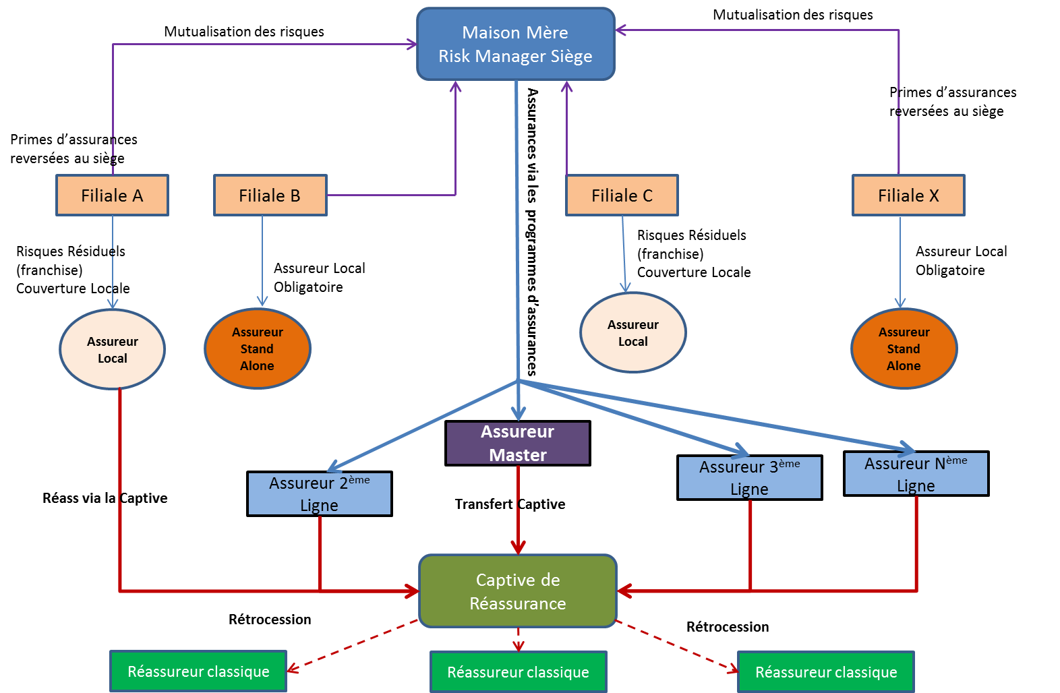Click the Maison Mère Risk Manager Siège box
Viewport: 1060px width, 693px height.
[516, 44]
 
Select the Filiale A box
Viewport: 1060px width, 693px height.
[112, 195]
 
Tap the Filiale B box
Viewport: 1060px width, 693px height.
[270, 195]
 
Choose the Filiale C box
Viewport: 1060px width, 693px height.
[622, 195]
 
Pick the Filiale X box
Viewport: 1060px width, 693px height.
[908, 195]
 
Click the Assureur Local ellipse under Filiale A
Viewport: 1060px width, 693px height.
[113, 349]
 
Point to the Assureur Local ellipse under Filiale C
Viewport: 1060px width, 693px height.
[632, 332]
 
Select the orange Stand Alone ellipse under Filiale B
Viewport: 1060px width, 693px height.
[257, 349]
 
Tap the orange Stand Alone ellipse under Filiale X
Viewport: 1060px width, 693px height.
[904, 349]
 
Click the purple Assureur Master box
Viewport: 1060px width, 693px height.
[518, 443]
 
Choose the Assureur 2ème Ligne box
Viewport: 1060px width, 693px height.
[319, 493]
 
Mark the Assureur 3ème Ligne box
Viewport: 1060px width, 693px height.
[749, 477]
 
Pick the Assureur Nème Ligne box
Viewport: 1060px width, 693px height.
[916, 473]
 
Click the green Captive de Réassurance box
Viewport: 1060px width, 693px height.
[518, 591]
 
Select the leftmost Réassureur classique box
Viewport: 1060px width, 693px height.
[198, 671]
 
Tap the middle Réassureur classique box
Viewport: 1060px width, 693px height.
[518, 672]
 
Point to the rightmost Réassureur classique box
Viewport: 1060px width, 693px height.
[826, 672]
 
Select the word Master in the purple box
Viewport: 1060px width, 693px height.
[518, 455]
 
